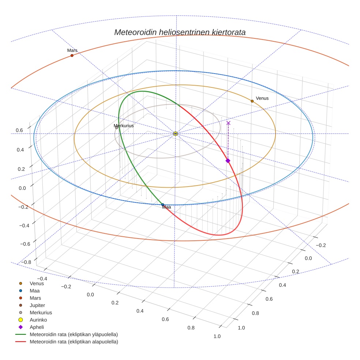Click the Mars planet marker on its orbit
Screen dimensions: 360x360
[72, 56]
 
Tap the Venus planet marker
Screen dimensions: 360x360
[252, 101]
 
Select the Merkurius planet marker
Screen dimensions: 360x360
[117, 128]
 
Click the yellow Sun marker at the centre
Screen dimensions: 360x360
[176, 134]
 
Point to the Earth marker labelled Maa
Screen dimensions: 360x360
[163, 205]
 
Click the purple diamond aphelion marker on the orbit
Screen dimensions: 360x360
[228, 161]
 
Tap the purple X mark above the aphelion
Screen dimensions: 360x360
[228, 123]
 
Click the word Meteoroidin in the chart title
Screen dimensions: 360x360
[135, 32]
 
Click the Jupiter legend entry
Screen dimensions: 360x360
[37, 305]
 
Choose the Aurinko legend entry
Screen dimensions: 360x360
[38, 320]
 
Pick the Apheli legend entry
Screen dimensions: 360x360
[37, 327]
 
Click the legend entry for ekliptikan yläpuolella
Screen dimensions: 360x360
[74, 334]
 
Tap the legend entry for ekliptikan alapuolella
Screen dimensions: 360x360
[74, 342]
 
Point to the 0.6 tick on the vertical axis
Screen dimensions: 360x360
[19, 130]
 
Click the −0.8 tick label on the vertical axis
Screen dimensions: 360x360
[25, 262]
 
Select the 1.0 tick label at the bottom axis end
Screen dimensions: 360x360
[217, 336]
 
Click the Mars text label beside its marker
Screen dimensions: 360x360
[72, 50]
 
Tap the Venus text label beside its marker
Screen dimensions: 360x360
[262, 98]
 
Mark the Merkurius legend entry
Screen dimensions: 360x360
[41, 312]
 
